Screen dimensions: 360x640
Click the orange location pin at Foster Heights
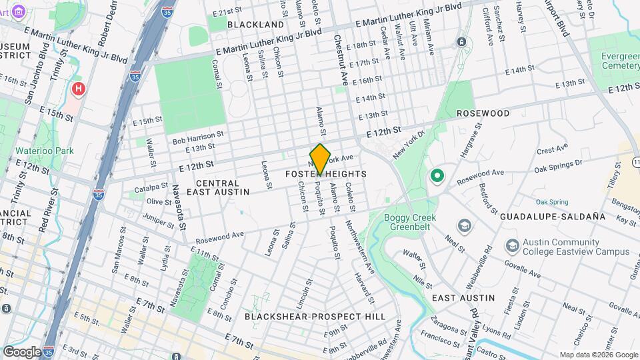coord(321,158)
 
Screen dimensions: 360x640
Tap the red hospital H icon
coord(79,89)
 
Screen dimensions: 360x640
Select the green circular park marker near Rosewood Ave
coord(437,176)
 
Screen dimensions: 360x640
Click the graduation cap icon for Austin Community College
coord(512,246)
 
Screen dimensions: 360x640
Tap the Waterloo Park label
coord(45,151)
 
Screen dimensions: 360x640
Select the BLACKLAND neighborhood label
coord(256,25)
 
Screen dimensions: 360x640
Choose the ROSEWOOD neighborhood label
coord(483,113)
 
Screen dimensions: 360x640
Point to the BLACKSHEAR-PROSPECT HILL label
coord(315,317)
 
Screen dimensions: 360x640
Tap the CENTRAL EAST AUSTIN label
coord(218,187)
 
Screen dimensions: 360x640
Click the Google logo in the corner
coord(21,351)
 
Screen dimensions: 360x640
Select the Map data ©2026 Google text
coord(598,355)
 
